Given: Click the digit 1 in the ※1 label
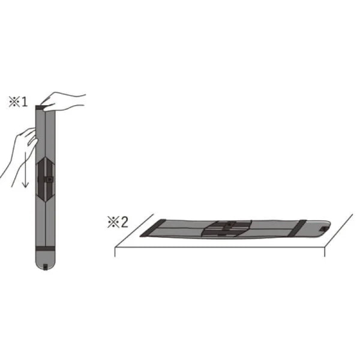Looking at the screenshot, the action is pyautogui.click(x=24, y=102).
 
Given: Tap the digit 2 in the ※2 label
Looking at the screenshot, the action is pyautogui.click(x=124, y=222).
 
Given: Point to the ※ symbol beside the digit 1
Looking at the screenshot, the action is pyautogui.click(x=14, y=102).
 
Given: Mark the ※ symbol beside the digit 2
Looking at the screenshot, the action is pyautogui.click(x=113, y=222).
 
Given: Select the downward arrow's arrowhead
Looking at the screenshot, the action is pyautogui.click(x=25, y=184).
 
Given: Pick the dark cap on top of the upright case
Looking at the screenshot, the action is pyautogui.click(x=40, y=107).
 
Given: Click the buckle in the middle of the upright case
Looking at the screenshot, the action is pyautogui.click(x=49, y=179).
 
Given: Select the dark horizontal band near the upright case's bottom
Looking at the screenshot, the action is pyautogui.click(x=45, y=248).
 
